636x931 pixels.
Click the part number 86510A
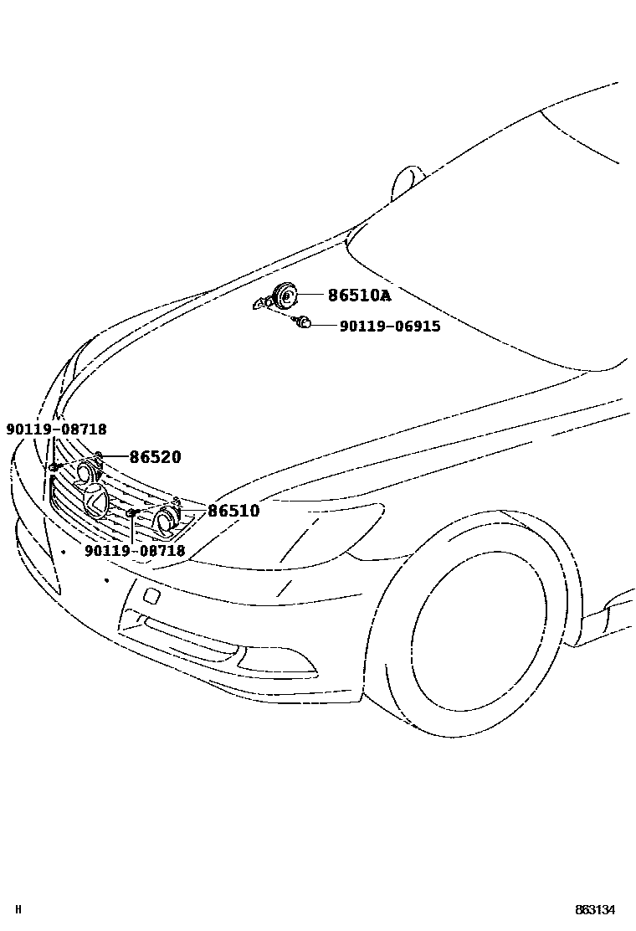pyautogui.click(x=359, y=296)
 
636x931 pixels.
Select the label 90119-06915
pyautogui.click(x=389, y=327)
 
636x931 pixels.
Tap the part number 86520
pyautogui.click(x=155, y=457)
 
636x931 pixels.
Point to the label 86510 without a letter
pyautogui.click(x=233, y=511)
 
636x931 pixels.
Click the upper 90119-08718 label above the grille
pyautogui.click(x=56, y=429)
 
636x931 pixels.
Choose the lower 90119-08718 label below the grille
pyautogui.click(x=135, y=551)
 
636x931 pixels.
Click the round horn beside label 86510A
pyautogui.click(x=285, y=295)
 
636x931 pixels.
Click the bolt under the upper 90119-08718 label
pyautogui.click(x=54, y=465)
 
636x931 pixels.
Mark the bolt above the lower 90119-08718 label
pyautogui.click(x=131, y=512)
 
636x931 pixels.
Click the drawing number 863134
pyautogui.click(x=595, y=910)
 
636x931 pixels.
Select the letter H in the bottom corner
pyautogui.click(x=18, y=910)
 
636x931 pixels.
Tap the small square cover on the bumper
pyautogui.click(x=153, y=595)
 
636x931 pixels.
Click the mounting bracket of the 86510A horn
pyautogui.click(x=263, y=304)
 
